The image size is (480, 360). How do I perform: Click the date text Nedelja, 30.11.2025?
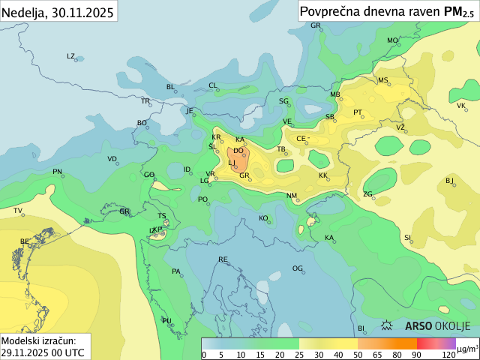pos(58,12)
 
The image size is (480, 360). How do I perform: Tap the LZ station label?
pos(71,56)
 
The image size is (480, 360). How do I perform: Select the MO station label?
pos(392,40)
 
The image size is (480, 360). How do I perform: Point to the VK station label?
pos(461,106)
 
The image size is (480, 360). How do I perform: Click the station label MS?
pos(383,80)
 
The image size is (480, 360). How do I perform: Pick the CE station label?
pos(301,139)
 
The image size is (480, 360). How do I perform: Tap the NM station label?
pos(292,196)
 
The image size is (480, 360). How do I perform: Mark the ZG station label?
pos(367,194)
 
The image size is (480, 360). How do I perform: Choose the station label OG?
pos(298,268)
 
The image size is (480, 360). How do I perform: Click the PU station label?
pos(166,321)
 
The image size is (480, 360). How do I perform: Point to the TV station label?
pos(18,211)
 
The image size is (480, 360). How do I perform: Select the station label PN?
pos(57,172)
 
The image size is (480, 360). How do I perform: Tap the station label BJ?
pos(450,180)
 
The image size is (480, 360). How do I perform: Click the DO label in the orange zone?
pos(238,151)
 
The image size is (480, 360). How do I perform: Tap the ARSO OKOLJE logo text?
pos(437,326)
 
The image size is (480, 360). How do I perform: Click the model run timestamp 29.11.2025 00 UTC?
pos(42,351)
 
